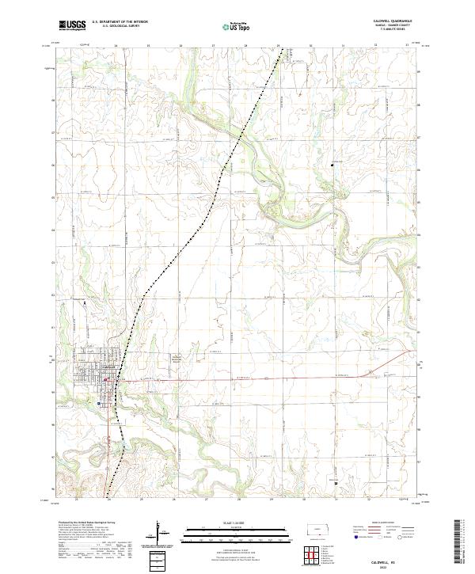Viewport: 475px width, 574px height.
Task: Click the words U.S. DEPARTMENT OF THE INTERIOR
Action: (x=120, y=22)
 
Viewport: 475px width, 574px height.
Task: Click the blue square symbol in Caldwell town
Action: (x=98, y=403)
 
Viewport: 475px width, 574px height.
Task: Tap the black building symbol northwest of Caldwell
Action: (x=84, y=302)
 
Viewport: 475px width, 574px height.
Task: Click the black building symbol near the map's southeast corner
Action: (x=335, y=482)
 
